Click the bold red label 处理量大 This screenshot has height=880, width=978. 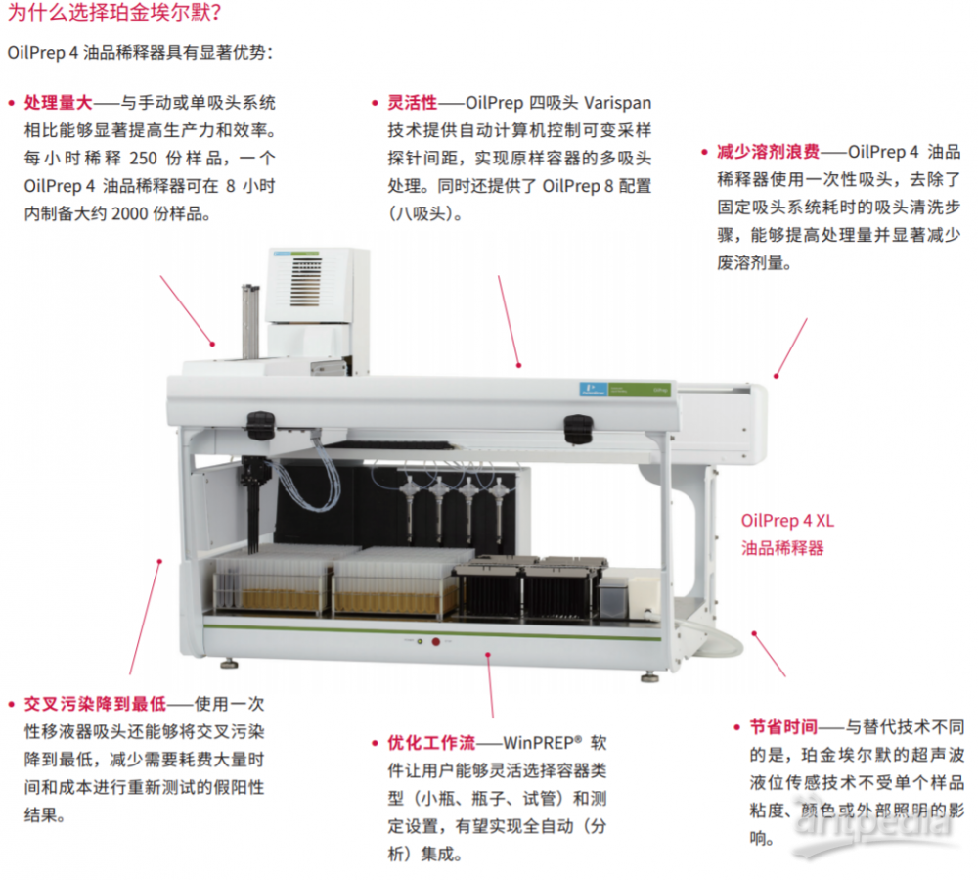pos(58,102)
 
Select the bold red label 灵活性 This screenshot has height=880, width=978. pos(412,102)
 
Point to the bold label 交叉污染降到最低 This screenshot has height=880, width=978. pos(95,704)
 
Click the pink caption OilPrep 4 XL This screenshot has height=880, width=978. pos(788,521)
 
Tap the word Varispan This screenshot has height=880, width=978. pos(617,102)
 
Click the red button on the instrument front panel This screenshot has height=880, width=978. pos(436,642)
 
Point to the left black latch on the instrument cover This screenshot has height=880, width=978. pos(259,424)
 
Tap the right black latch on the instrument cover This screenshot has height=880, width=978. pos(578,427)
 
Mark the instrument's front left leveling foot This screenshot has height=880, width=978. pos(229,664)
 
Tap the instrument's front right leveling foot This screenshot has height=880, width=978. pos(648,676)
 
